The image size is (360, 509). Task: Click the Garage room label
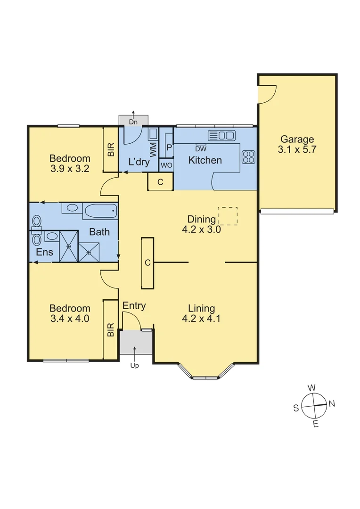pyautogui.click(x=297, y=140)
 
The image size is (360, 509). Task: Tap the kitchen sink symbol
pyautogui.click(x=221, y=136)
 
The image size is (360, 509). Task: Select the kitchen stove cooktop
pyautogui.click(x=248, y=156)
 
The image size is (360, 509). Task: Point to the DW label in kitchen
pyautogui.click(x=201, y=149)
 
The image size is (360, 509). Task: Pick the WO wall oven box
pyautogui.click(x=166, y=165)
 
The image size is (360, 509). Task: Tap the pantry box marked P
pyautogui.click(x=168, y=147)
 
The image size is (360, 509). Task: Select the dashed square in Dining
pyautogui.click(x=228, y=216)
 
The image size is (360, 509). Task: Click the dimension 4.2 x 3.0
pyautogui.click(x=202, y=230)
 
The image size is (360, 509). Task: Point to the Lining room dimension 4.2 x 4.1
pyautogui.click(x=202, y=319)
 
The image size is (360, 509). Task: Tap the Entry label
pyautogui.click(x=134, y=306)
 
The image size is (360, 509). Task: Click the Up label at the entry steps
pyautogui.click(x=135, y=365)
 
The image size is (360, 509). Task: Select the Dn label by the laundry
pyautogui.click(x=133, y=122)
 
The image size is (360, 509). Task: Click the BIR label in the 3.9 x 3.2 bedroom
pyautogui.click(x=111, y=150)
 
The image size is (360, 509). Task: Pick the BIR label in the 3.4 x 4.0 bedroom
pyautogui.click(x=111, y=329)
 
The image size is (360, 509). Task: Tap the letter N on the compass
pyautogui.click(x=332, y=403)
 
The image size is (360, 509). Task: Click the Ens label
pyautogui.click(x=45, y=252)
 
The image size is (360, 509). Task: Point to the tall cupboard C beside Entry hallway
pyautogui.click(x=147, y=263)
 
